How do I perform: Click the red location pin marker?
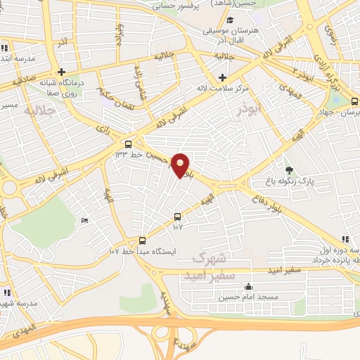(x=181, y=165)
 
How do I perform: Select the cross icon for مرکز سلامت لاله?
(x=223, y=77)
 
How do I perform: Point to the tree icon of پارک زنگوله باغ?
(x=289, y=169)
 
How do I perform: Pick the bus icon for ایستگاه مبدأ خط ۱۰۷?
(x=143, y=240)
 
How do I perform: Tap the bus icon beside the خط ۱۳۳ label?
(x=127, y=143)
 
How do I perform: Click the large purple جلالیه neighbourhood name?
(x=39, y=110)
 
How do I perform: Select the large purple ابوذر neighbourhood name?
(x=250, y=108)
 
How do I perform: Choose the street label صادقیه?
(x=23, y=81)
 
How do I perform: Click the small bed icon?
(x=85, y=221)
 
